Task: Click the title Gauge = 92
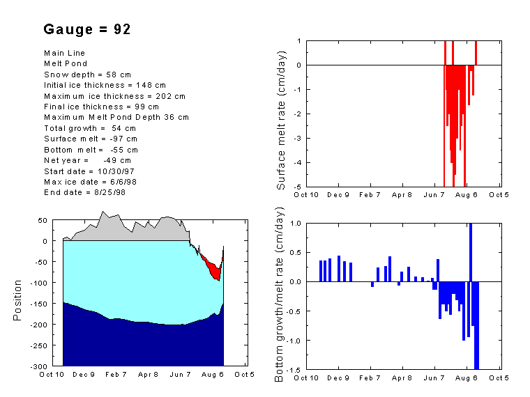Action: [x=87, y=29]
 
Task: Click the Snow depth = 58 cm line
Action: [x=87, y=74]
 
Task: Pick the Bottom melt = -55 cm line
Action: [x=91, y=149]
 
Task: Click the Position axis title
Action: [x=18, y=300]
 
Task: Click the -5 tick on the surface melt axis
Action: [x=298, y=187]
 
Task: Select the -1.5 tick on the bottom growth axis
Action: [x=296, y=369]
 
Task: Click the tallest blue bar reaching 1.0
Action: [x=471, y=252]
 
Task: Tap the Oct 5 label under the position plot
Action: [x=244, y=375]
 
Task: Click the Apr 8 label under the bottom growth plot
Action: [x=402, y=377]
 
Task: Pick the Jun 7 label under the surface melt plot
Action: [x=434, y=195]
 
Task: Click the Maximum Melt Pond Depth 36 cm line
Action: [x=116, y=117]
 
